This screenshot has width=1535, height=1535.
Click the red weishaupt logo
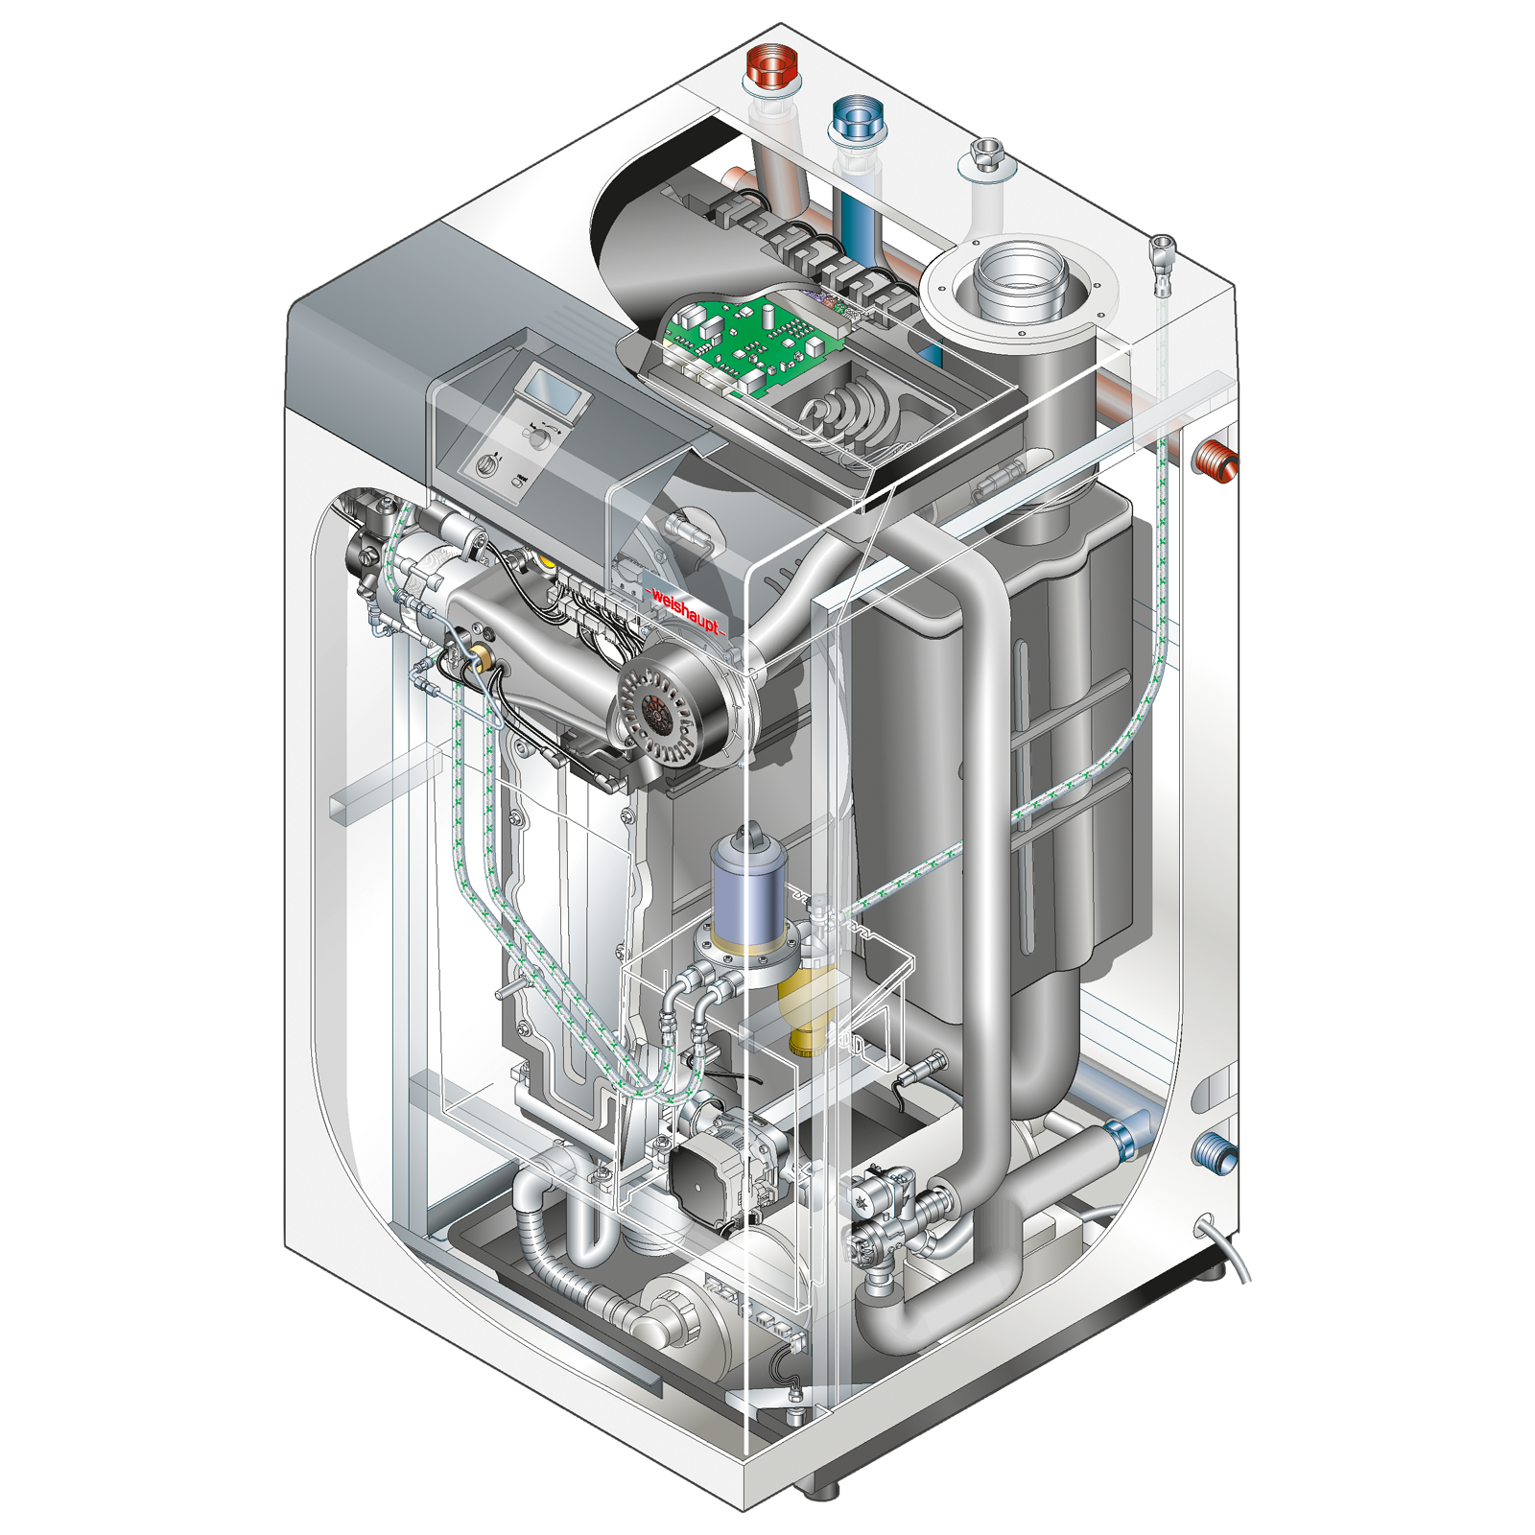coord(685,608)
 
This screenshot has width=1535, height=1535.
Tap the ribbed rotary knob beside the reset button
coord(485,467)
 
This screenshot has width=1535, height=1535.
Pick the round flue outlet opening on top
coord(1021,277)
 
